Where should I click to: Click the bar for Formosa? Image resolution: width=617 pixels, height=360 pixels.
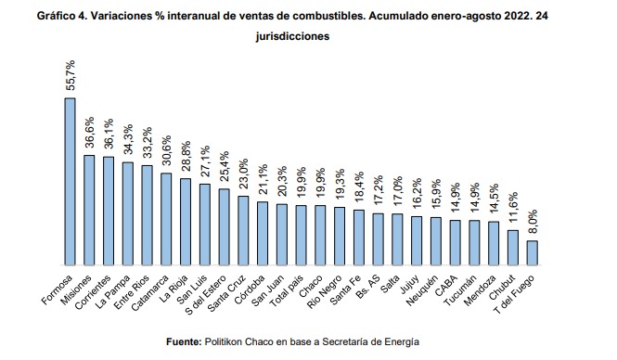tap(70, 181)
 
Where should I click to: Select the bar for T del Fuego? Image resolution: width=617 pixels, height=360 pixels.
tap(532, 253)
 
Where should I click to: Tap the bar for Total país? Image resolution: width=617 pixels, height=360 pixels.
tap(301, 236)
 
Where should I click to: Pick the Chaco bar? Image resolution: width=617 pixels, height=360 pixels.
tap(320, 236)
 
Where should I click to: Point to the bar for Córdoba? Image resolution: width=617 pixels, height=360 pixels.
tap(263, 233)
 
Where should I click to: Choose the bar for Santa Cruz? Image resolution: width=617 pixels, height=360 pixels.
tap(243, 230)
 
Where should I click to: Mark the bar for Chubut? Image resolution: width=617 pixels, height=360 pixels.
tap(513, 248)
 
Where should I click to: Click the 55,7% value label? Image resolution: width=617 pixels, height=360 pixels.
tap(70, 75)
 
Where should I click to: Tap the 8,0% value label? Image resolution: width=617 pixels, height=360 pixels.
tap(533, 223)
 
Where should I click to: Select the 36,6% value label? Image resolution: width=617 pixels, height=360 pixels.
tap(89, 132)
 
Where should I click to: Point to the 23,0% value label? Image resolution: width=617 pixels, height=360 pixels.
tap(244, 174)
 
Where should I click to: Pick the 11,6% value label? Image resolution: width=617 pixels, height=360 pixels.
tap(513, 208)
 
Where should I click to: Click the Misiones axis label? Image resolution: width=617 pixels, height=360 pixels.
tap(77, 289)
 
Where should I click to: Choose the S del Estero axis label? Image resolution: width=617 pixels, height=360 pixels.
tap(206, 295)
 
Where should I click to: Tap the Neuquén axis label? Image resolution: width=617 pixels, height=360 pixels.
tap(422, 290)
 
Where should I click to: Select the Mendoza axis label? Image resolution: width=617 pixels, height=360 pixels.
tap(481, 290)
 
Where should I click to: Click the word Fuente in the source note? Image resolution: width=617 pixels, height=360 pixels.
tap(184, 341)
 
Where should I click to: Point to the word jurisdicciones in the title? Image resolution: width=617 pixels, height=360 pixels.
tap(292, 36)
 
